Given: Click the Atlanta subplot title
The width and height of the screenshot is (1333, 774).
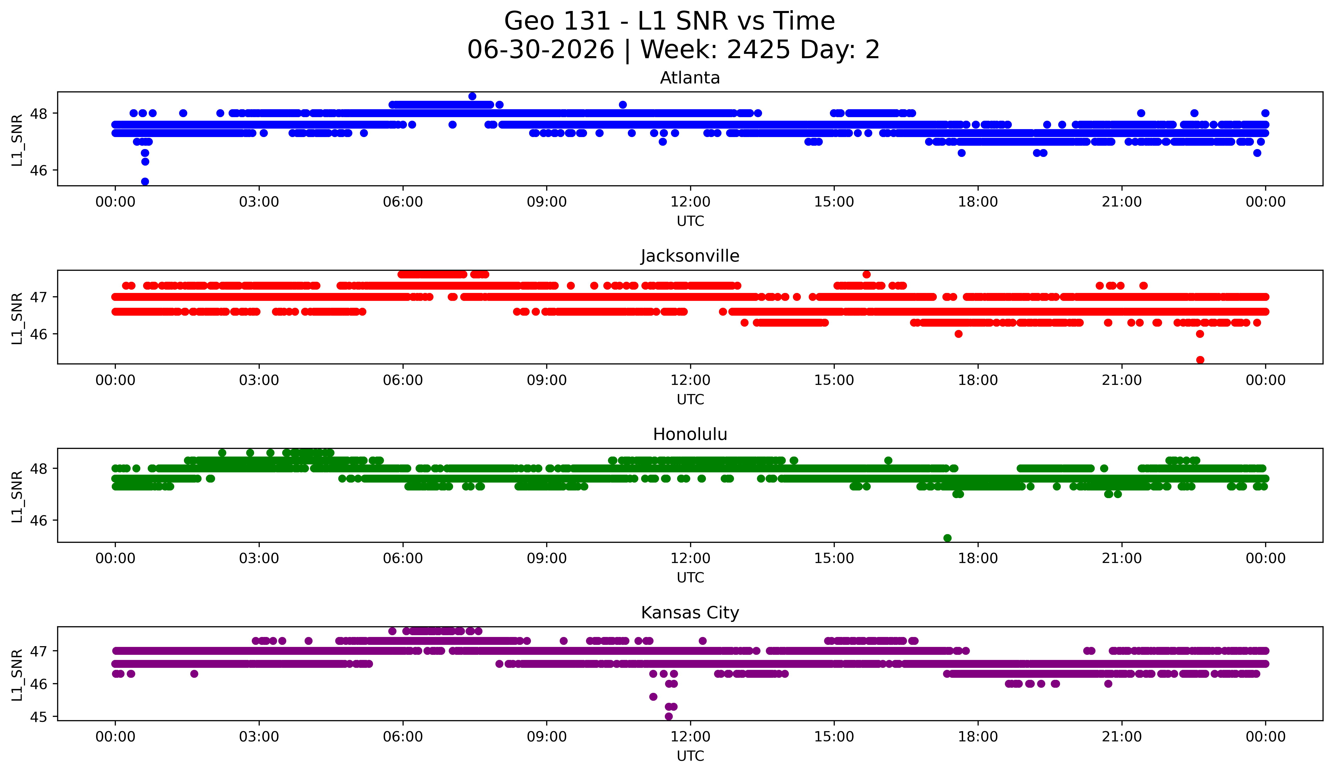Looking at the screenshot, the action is pyautogui.click(x=690, y=78).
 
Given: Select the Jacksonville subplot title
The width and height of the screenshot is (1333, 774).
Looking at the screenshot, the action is pyautogui.click(x=690, y=256).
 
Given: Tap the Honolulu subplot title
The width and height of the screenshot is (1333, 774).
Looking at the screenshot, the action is pyautogui.click(x=690, y=434).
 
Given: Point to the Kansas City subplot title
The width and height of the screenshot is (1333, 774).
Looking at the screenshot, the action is pyautogui.click(x=690, y=613).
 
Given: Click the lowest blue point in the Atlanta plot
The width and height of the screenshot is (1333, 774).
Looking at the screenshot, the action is pyautogui.click(x=145, y=181).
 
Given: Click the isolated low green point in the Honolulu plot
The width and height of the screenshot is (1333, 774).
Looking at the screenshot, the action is pyautogui.click(x=947, y=538).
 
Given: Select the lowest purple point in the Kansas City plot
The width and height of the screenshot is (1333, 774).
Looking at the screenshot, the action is pyautogui.click(x=669, y=716).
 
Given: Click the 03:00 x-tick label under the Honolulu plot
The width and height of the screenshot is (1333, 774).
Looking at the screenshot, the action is pyautogui.click(x=259, y=558).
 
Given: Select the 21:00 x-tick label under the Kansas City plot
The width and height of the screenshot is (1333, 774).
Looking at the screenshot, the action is pyautogui.click(x=1122, y=736).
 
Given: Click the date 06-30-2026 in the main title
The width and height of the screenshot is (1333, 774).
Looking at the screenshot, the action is pyautogui.click(x=541, y=50).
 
